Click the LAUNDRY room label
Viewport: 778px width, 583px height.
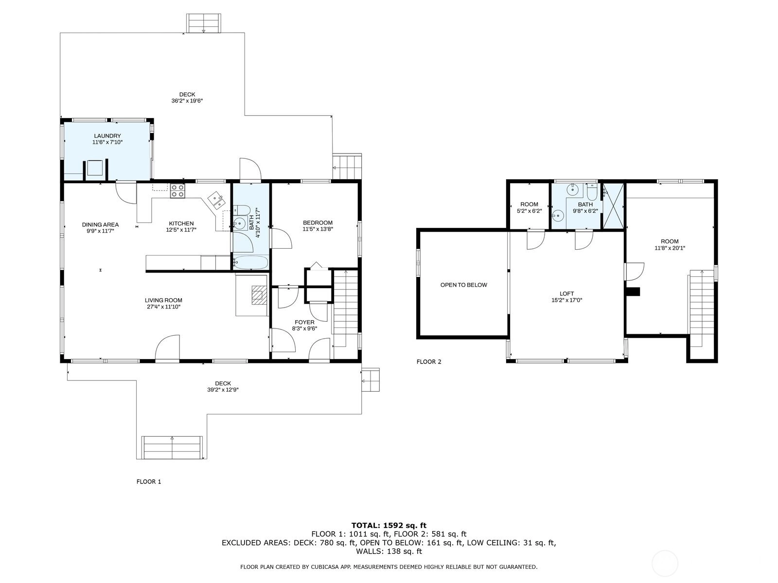click(107, 136)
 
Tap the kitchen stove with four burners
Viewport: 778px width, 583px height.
click(177, 191)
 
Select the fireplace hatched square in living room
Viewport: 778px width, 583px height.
click(260, 295)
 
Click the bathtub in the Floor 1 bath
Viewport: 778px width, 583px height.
click(250, 262)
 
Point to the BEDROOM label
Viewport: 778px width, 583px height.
click(318, 223)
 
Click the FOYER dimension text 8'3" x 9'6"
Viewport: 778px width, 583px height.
click(304, 328)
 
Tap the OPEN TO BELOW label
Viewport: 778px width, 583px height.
click(463, 285)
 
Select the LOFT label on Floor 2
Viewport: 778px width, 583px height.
click(567, 293)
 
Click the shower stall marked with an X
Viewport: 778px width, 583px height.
click(613, 206)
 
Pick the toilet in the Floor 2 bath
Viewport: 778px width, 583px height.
click(592, 192)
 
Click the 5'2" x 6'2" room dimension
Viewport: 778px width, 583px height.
click(529, 211)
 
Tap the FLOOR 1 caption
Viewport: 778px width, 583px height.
click(149, 481)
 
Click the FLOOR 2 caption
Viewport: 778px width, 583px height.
click(429, 362)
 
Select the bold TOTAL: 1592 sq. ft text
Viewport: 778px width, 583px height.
click(389, 525)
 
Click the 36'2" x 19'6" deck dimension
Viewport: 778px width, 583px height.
click(187, 101)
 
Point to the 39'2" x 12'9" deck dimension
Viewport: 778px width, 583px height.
click(223, 390)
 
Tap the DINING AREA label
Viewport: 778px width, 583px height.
click(100, 224)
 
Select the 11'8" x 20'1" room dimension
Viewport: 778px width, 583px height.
click(670, 248)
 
